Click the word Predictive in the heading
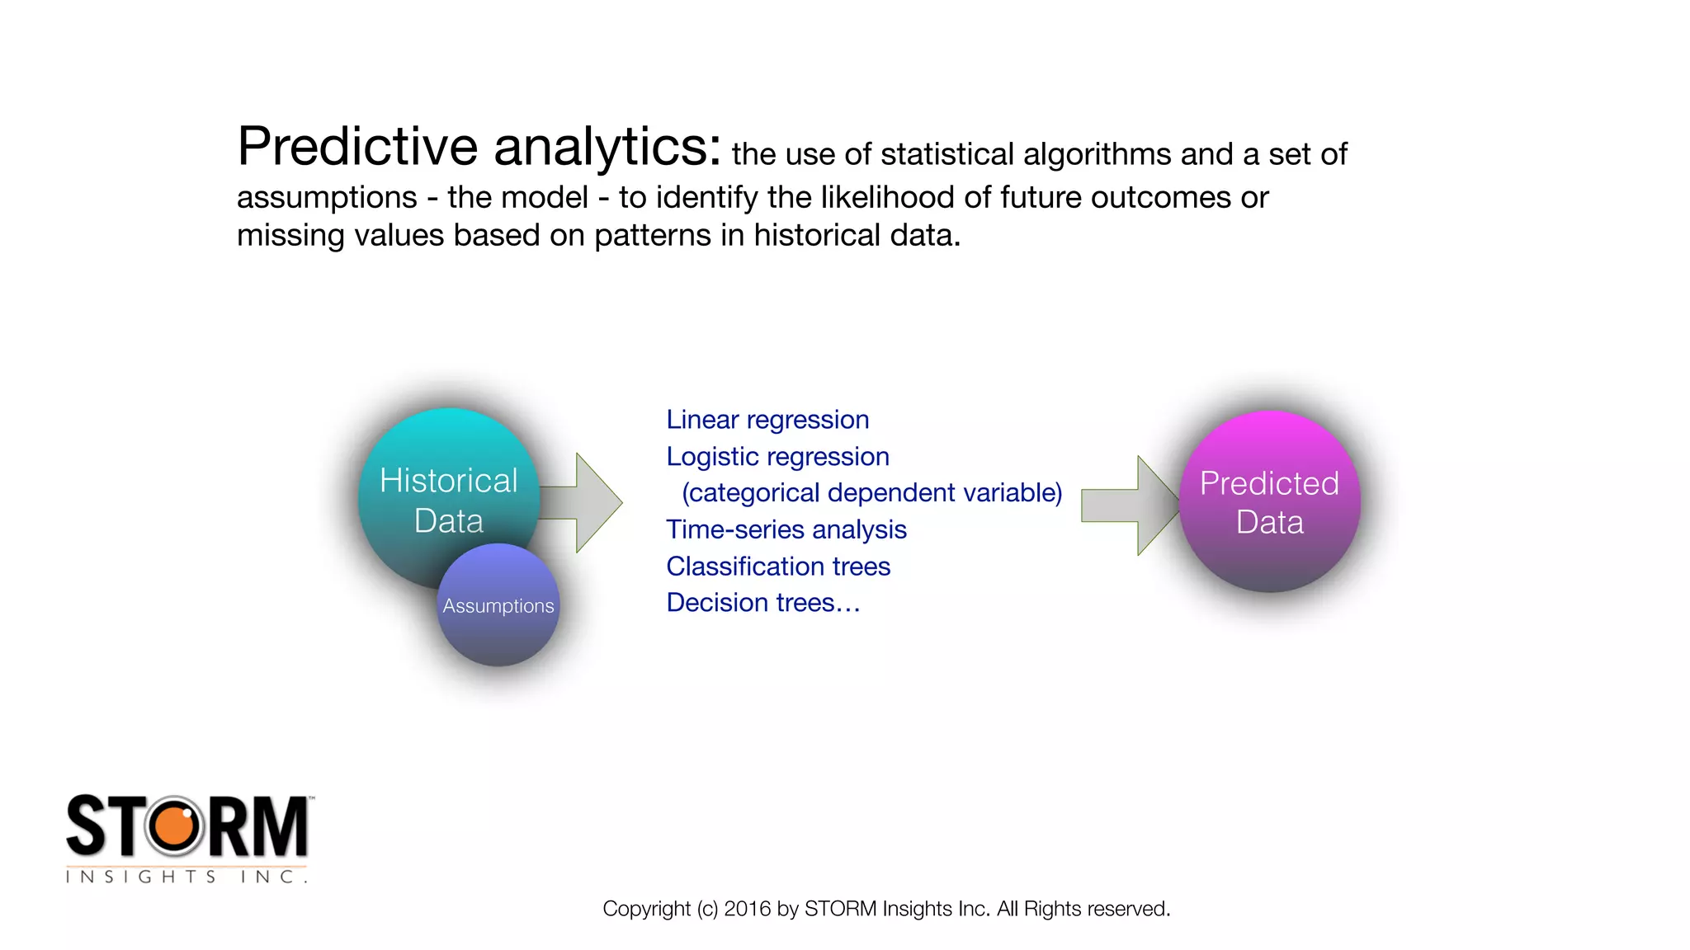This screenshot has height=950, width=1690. click(x=356, y=147)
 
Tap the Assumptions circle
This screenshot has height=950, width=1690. click(x=498, y=606)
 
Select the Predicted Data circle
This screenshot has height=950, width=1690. click(x=1269, y=501)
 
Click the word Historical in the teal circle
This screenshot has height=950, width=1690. click(x=448, y=481)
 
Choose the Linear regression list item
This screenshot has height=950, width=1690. click(x=767, y=420)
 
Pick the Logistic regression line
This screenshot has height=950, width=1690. click(x=777, y=457)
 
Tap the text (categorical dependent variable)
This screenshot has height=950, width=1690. click(x=871, y=493)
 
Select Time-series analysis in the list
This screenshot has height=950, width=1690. click(x=786, y=529)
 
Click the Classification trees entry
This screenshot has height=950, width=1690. click(x=778, y=567)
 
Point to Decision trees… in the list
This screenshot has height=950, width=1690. click(x=762, y=603)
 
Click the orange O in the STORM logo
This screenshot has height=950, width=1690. click(x=174, y=826)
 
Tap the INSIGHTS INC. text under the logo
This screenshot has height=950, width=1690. click(x=186, y=877)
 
